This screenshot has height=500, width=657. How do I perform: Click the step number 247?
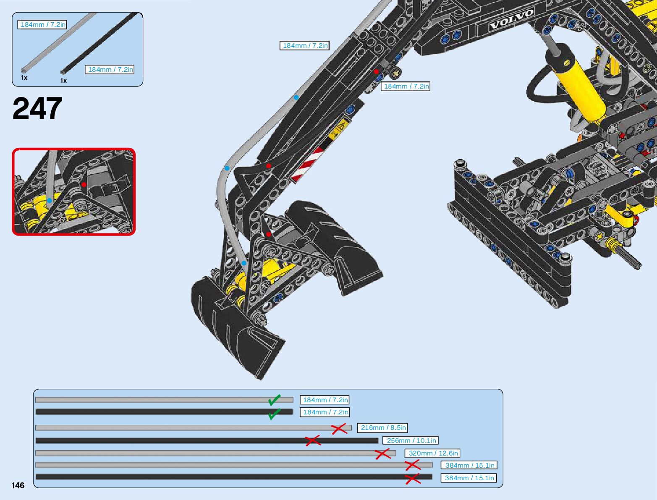point(38,109)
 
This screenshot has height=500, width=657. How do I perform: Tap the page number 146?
point(18,485)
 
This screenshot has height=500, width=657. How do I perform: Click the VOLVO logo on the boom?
point(511,19)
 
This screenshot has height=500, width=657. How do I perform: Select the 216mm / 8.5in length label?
point(383,428)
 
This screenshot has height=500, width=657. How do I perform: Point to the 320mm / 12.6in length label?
point(433,453)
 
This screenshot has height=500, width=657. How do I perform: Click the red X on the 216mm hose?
point(339,429)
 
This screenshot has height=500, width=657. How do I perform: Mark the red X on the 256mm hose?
point(313,440)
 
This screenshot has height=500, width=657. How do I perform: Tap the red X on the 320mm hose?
point(383,454)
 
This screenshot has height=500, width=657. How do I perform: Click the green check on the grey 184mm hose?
point(275,400)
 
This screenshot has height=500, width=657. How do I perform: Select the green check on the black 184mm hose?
point(274,414)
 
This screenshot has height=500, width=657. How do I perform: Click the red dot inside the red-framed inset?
point(84,184)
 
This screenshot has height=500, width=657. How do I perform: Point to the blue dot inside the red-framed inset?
point(50,200)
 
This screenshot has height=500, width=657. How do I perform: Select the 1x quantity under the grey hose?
point(24,78)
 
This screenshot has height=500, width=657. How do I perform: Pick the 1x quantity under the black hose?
point(63,81)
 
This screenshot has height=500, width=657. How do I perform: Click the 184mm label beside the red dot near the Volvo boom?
point(406,86)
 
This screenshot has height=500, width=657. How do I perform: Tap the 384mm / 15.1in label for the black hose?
point(469,478)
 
